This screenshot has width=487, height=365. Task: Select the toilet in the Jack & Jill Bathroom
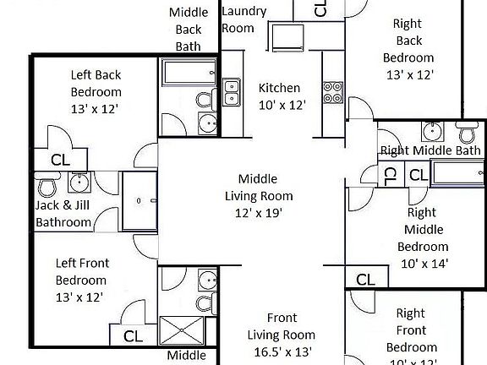[48, 184]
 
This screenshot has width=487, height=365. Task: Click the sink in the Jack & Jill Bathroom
[79, 182]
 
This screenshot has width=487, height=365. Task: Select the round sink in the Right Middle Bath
[432, 133]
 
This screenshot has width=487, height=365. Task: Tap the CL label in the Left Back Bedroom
[60, 159]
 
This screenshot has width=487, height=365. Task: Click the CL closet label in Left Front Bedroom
[133, 336]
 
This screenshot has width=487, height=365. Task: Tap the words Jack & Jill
[63, 205]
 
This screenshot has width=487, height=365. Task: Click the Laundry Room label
[243, 19]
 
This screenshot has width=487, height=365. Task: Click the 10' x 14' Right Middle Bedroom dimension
[422, 263]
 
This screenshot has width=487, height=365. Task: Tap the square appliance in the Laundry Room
[287, 37]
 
